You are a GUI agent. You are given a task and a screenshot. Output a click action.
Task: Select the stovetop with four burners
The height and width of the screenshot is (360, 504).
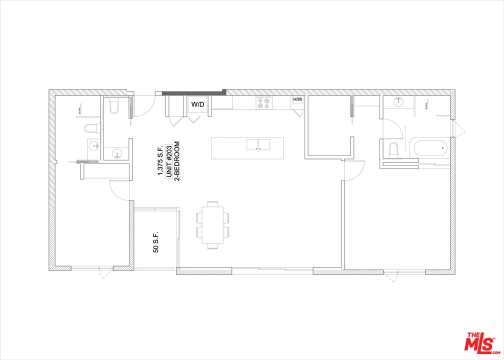click(263, 102)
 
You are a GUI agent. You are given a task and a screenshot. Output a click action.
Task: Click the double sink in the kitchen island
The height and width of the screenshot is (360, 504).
click(258, 144)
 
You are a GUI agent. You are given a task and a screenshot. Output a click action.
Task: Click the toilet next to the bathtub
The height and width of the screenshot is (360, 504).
click(392, 149)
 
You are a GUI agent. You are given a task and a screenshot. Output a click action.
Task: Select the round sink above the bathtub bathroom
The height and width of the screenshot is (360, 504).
click(398, 102)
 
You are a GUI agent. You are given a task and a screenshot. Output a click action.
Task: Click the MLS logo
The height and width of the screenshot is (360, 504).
click(480, 342)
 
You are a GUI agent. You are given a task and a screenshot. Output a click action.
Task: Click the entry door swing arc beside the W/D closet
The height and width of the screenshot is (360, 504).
click(145, 106)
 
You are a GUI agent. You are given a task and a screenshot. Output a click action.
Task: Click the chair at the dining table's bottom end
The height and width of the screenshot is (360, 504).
click(213, 246)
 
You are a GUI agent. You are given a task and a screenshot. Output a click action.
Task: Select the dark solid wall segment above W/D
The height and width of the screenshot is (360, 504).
click(192, 92)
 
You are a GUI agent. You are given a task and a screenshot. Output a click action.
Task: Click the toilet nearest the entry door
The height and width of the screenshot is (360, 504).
click(113, 105)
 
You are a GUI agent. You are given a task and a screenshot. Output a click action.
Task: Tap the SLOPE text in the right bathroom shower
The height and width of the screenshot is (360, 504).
click(426, 106)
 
